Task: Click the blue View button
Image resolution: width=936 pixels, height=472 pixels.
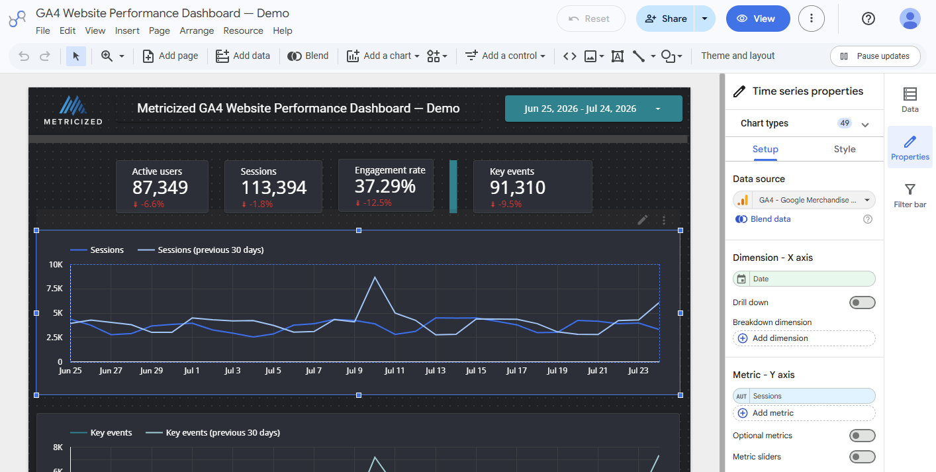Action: click(x=757, y=19)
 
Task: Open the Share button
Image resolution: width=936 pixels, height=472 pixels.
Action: click(x=665, y=19)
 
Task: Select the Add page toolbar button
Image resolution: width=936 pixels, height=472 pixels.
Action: click(x=170, y=56)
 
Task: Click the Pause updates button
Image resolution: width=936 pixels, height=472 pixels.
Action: click(x=875, y=56)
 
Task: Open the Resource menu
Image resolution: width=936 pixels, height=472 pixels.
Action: click(x=243, y=31)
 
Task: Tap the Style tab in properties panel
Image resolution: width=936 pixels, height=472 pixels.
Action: click(x=845, y=149)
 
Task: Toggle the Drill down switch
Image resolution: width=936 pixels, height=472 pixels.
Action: click(x=862, y=303)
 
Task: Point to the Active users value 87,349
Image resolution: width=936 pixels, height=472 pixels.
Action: click(x=160, y=187)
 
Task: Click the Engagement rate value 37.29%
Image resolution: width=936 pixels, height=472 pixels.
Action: click(x=385, y=186)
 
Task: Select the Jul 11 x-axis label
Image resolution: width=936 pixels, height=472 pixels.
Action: click(x=395, y=371)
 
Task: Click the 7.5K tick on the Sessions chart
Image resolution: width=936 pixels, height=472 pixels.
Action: click(x=55, y=289)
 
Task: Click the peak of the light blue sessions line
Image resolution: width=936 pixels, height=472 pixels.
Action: click(x=375, y=277)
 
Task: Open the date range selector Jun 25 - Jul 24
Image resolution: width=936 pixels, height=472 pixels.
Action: click(x=593, y=109)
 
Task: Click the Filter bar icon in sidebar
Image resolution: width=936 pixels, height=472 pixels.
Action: click(x=910, y=189)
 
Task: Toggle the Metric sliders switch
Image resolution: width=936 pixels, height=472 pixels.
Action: click(x=862, y=457)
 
